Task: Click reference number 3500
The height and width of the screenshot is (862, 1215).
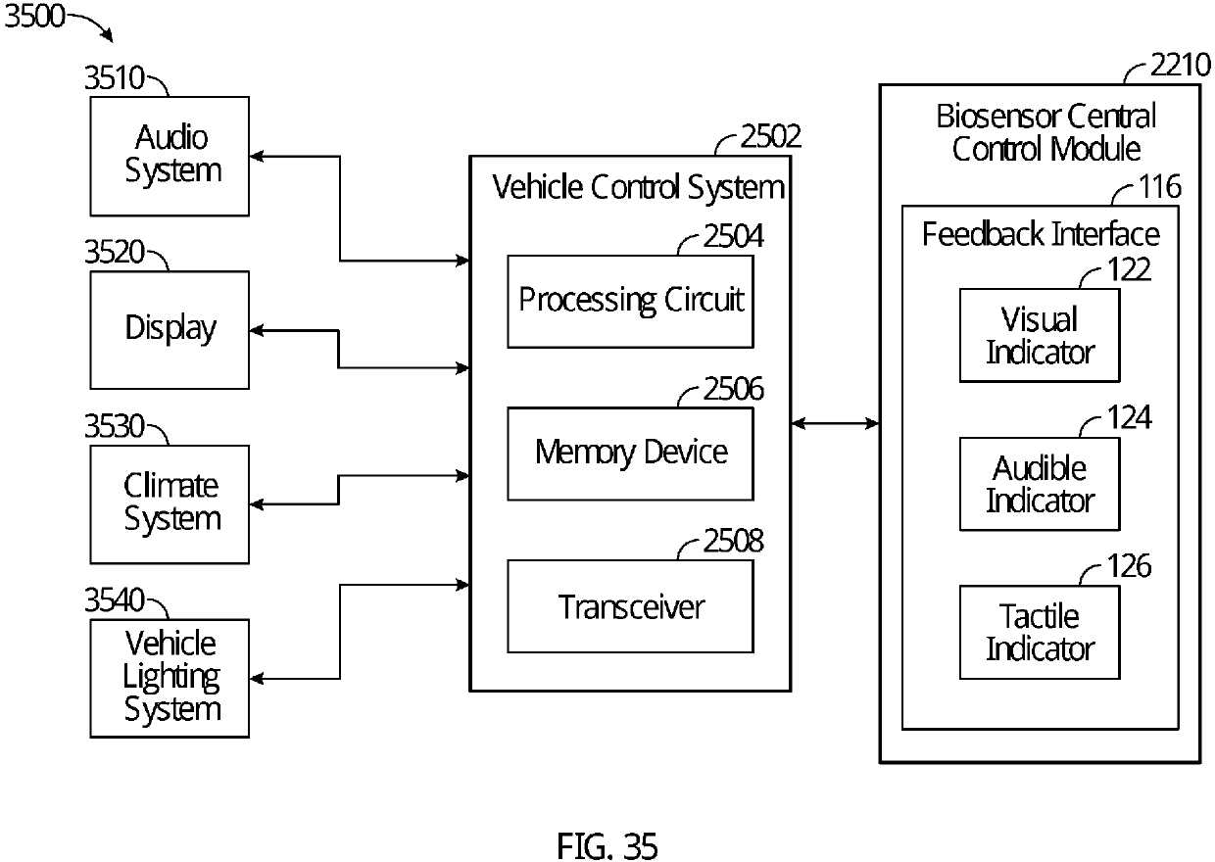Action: pyautogui.click(x=34, y=16)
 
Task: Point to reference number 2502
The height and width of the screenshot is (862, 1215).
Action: pyautogui.click(x=771, y=135)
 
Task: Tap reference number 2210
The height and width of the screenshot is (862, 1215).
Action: pyautogui.click(x=1181, y=65)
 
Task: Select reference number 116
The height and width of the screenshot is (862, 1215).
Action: pyautogui.click(x=1160, y=186)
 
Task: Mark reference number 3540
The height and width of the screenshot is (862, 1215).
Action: pyautogui.click(x=115, y=600)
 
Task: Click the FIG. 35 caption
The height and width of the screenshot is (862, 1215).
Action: pyautogui.click(x=607, y=845)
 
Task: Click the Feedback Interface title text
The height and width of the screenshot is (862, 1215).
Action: pyautogui.click(x=1041, y=234)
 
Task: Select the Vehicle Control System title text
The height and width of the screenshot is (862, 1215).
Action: pyautogui.click(x=639, y=187)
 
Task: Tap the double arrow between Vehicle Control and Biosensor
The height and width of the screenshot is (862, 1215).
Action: pyautogui.click(x=835, y=423)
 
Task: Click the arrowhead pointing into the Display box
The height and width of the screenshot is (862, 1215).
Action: pyautogui.click(x=257, y=330)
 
